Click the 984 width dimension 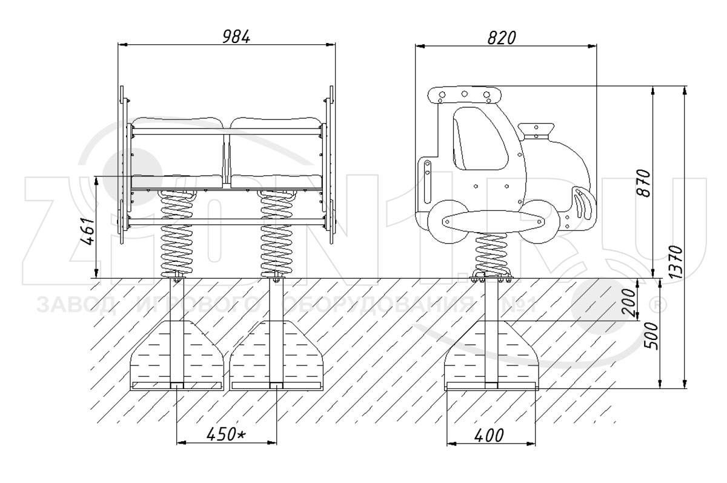click(236, 37)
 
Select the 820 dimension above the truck click(502, 38)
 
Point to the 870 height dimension click(644, 183)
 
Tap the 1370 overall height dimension click(676, 262)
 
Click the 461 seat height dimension click(88, 231)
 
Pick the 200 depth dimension click(629, 302)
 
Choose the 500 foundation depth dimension click(652, 336)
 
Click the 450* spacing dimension click(226, 434)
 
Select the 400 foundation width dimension click(489, 435)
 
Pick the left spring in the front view click(177, 233)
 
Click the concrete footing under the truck click(491, 356)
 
